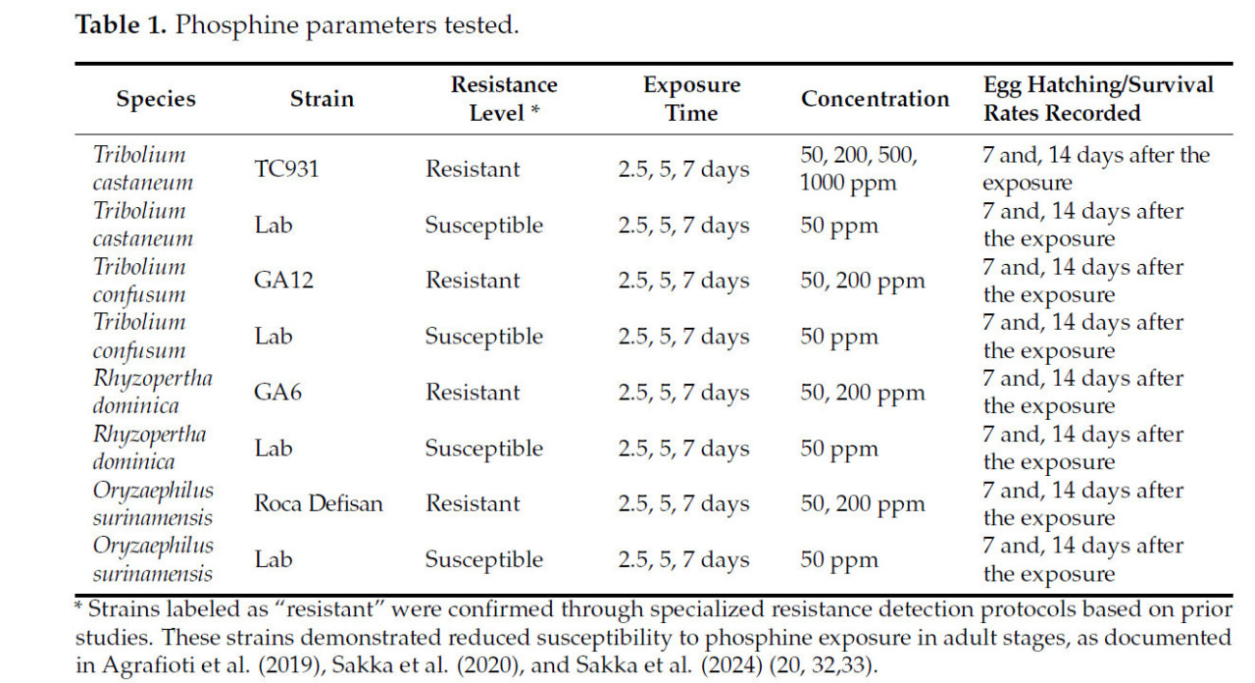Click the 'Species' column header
click(x=156, y=99)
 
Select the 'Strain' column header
click(x=322, y=99)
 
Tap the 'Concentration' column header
click(x=875, y=99)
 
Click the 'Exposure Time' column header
click(x=691, y=99)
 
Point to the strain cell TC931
click(x=286, y=169)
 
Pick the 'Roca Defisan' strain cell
click(x=319, y=504)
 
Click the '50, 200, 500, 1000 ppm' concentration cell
click(x=859, y=169)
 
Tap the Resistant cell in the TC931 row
click(x=472, y=169)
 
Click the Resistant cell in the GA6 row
click(x=472, y=393)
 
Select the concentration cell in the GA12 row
click(x=862, y=281)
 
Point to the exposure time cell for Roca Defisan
click(x=683, y=504)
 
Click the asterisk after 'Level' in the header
click(x=535, y=111)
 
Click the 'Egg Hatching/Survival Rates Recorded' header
click(x=1098, y=99)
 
